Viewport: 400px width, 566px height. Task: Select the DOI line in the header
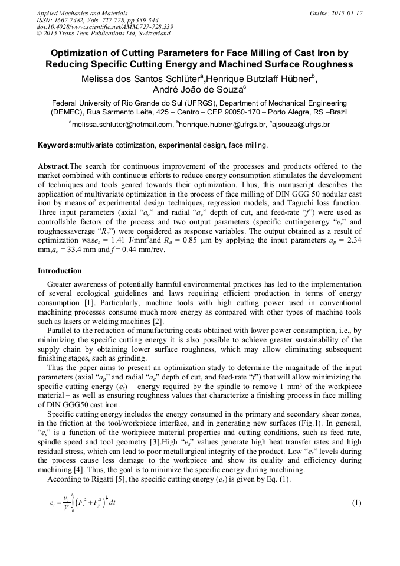(x=104, y=27)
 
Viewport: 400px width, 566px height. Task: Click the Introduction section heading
(x=60, y=271)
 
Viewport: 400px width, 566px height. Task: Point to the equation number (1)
(x=356, y=503)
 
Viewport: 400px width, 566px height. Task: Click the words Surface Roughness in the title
(x=303, y=64)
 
